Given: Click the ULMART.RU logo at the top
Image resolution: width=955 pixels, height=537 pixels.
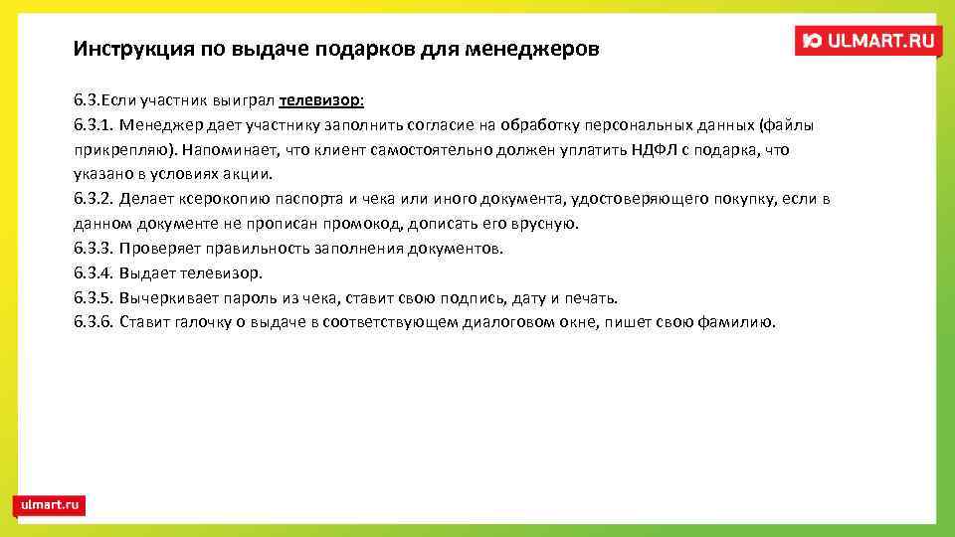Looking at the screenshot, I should coord(867,41).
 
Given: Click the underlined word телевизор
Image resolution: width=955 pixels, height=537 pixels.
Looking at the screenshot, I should coord(321,100).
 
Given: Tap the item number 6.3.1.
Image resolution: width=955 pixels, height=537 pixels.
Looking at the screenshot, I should coord(94,125).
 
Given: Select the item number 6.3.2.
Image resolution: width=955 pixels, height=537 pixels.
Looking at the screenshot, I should coord(94,199).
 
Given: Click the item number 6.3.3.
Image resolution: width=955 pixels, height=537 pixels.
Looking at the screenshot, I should coord(94,249).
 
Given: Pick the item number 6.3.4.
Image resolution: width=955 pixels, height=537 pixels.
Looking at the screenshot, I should coord(94,273).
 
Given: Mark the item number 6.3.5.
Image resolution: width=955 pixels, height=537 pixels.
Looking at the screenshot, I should coord(94,298).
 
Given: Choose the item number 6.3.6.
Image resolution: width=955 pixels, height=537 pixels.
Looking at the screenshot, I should coord(94,322).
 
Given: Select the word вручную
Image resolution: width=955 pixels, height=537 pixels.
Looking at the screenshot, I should coord(545,224).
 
